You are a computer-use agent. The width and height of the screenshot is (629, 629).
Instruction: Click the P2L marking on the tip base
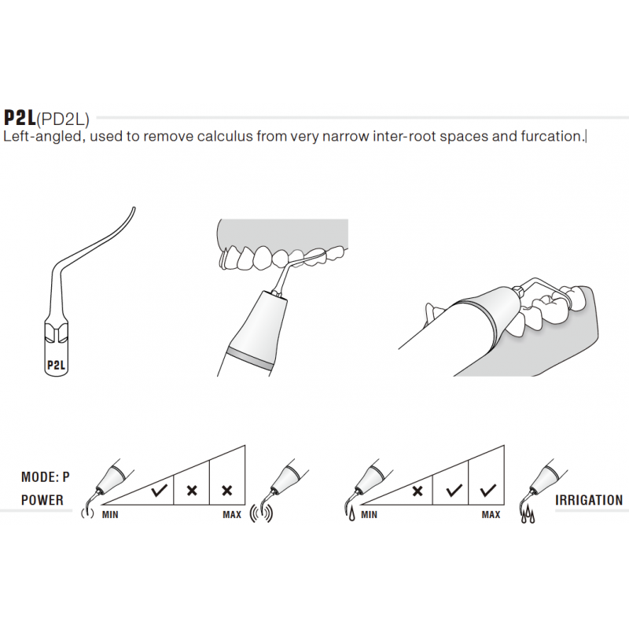coord(56,365)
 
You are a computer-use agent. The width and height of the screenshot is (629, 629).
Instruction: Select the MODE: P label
coord(45,477)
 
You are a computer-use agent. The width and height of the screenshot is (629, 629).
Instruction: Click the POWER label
coord(42,500)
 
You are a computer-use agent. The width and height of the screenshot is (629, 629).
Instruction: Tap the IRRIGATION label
coord(589,500)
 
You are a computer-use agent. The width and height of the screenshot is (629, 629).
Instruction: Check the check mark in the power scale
coord(159,490)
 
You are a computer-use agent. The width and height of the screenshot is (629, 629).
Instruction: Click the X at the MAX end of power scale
coord(227,490)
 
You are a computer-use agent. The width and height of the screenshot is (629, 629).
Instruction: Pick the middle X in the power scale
coord(191,490)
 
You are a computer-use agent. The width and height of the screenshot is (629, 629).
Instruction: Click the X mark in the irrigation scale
coord(417,490)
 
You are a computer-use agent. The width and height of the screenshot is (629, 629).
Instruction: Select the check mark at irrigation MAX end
coord(487,490)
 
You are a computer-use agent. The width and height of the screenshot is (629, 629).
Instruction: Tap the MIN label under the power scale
coord(111,515)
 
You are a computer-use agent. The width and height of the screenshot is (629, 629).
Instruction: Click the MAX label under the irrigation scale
coord(491,515)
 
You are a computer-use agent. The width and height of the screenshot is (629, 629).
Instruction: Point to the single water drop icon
coord(348,515)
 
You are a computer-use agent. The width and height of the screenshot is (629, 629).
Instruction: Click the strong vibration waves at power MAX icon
coord(263,514)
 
